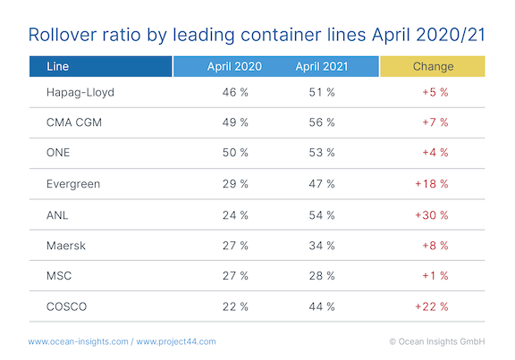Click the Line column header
pyautogui.click(x=54, y=66)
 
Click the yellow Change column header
pyautogui.click(x=433, y=66)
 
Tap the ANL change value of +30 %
pyautogui.click(x=433, y=214)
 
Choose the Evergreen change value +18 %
pyautogui.click(x=433, y=183)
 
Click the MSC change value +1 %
pyautogui.click(x=433, y=276)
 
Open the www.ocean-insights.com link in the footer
pyautogui.click(x=79, y=341)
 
